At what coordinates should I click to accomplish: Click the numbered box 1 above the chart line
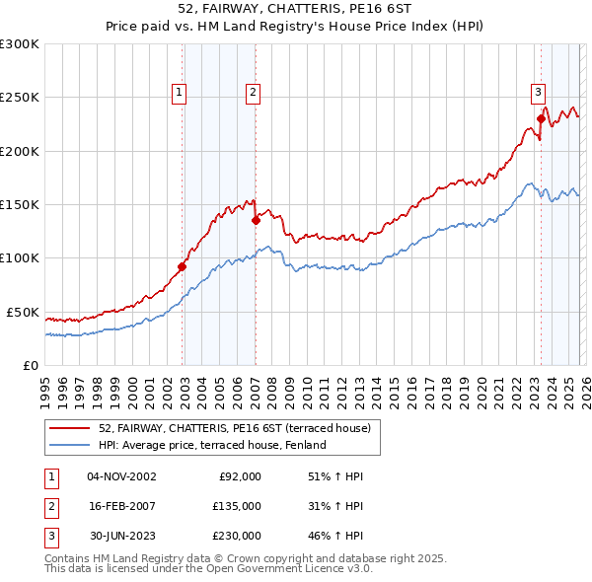coord(180,93)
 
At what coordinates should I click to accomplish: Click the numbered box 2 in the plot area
coord(253,93)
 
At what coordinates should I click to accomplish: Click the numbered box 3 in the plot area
coord(539,93)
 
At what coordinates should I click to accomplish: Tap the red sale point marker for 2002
coord(183,266)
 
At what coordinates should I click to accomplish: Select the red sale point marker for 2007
coord(256,221)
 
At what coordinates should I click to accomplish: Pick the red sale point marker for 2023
coord(541,119)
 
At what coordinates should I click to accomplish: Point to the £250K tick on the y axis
coord(20,98)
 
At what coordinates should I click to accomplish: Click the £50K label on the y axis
coord(23,312)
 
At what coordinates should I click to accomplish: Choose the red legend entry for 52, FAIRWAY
coord(234,428)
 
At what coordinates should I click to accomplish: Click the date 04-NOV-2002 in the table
coord(121,476)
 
